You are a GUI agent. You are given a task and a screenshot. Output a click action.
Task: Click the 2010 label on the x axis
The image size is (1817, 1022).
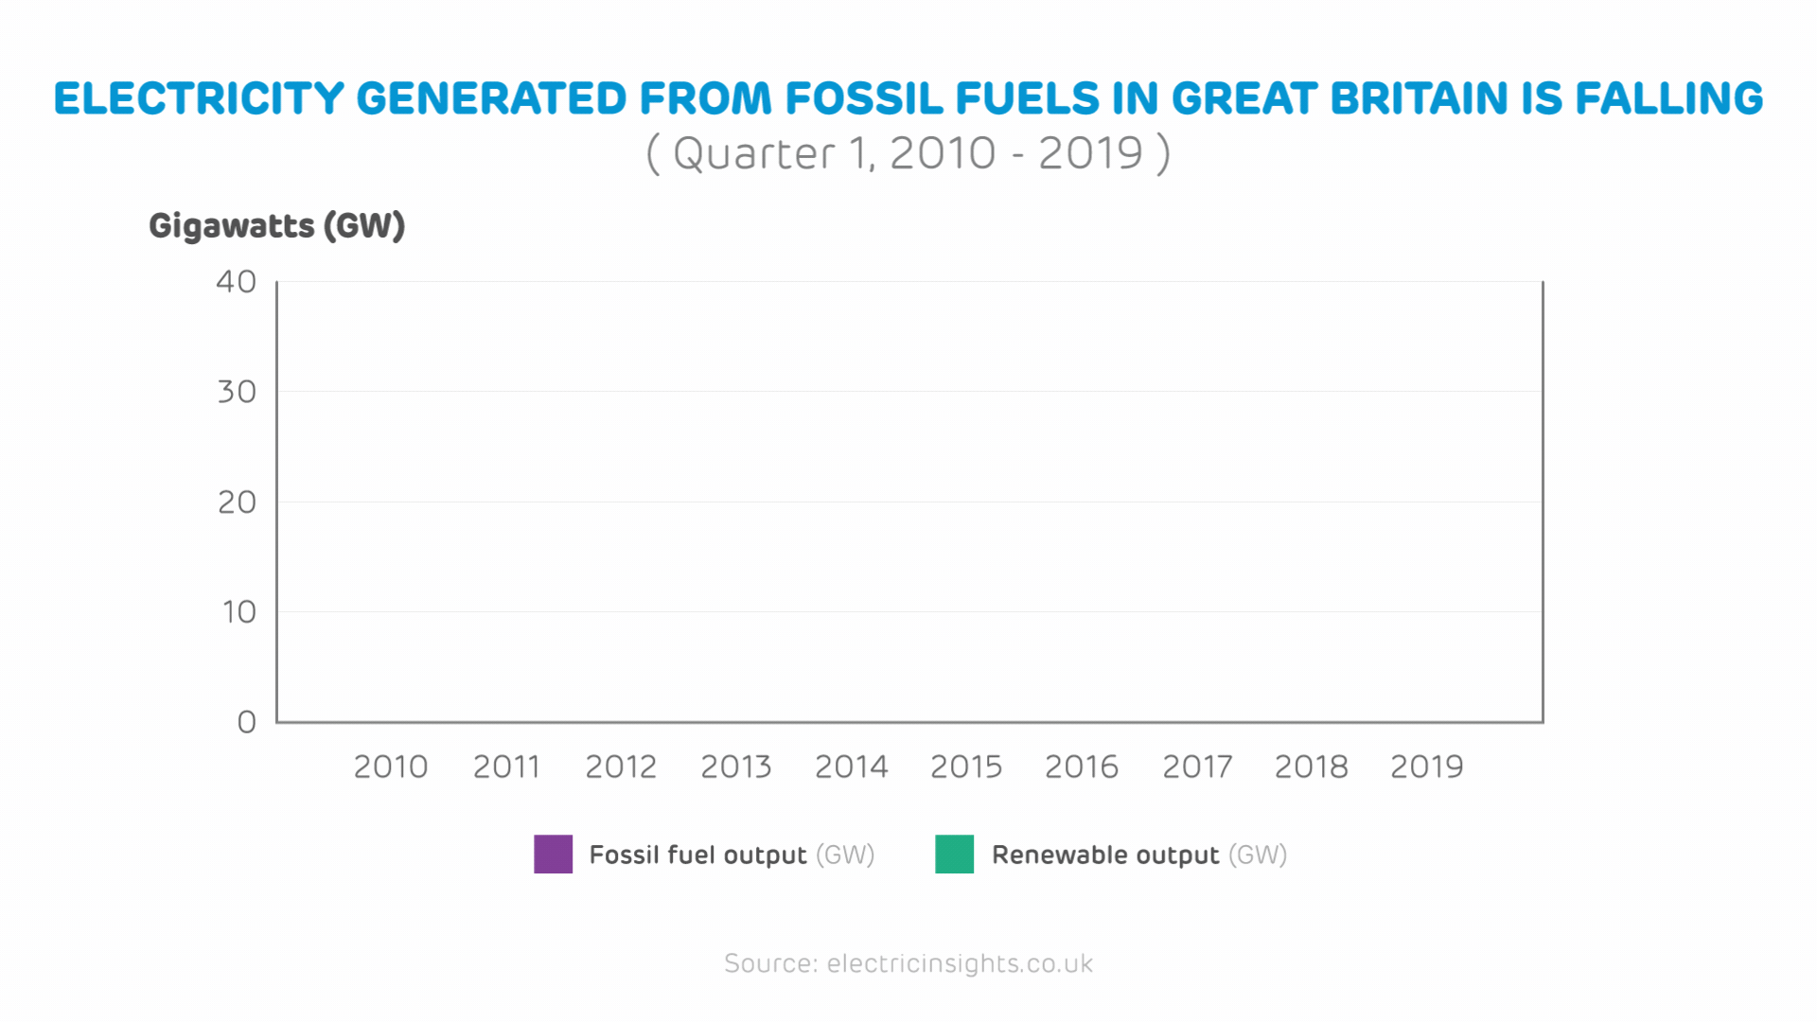tap(391, 766)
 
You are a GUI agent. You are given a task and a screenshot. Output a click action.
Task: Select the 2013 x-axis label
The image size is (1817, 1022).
tap(736, 766)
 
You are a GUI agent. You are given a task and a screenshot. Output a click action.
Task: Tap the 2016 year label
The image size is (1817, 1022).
tap(1082, 766)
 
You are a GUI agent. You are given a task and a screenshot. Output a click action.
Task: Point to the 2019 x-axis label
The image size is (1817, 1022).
tap(1426, 766)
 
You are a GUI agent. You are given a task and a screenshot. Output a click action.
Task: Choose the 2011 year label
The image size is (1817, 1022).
tap(506, 766)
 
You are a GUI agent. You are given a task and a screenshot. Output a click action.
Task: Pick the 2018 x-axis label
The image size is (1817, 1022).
tap(1311, 766)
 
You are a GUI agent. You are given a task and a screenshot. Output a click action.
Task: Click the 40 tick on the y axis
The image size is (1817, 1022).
tap(237, 282)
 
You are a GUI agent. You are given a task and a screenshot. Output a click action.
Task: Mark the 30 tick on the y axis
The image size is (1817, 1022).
tap(237, 392)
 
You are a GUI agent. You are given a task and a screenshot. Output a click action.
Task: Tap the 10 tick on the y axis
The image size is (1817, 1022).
tap(239, 612)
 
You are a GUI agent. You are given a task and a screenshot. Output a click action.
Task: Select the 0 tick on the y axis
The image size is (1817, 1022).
tap(247, 722)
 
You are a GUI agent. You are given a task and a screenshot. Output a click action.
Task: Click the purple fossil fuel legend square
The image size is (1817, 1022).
tap(554, 855)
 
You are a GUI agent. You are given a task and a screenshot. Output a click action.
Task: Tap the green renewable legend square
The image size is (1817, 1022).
tap(954, 855)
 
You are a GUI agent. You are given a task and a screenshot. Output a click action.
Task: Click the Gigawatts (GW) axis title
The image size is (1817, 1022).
tap(277, 226)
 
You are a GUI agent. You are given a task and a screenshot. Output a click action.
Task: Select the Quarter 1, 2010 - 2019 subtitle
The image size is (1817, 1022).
tap(908, 153)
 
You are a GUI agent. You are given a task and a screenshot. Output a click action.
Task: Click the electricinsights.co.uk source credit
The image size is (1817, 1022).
tap(960, 963)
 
